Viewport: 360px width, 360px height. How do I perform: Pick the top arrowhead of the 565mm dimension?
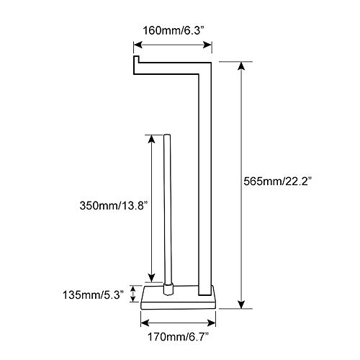click(x=241, y=66)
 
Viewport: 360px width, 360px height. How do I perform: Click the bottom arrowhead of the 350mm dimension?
click(x=152, y=279)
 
